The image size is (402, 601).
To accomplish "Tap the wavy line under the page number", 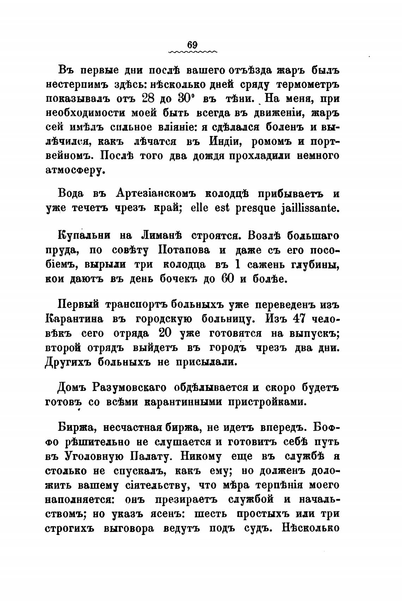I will pos(193,52).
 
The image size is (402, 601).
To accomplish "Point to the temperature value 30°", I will pos(185,98).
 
